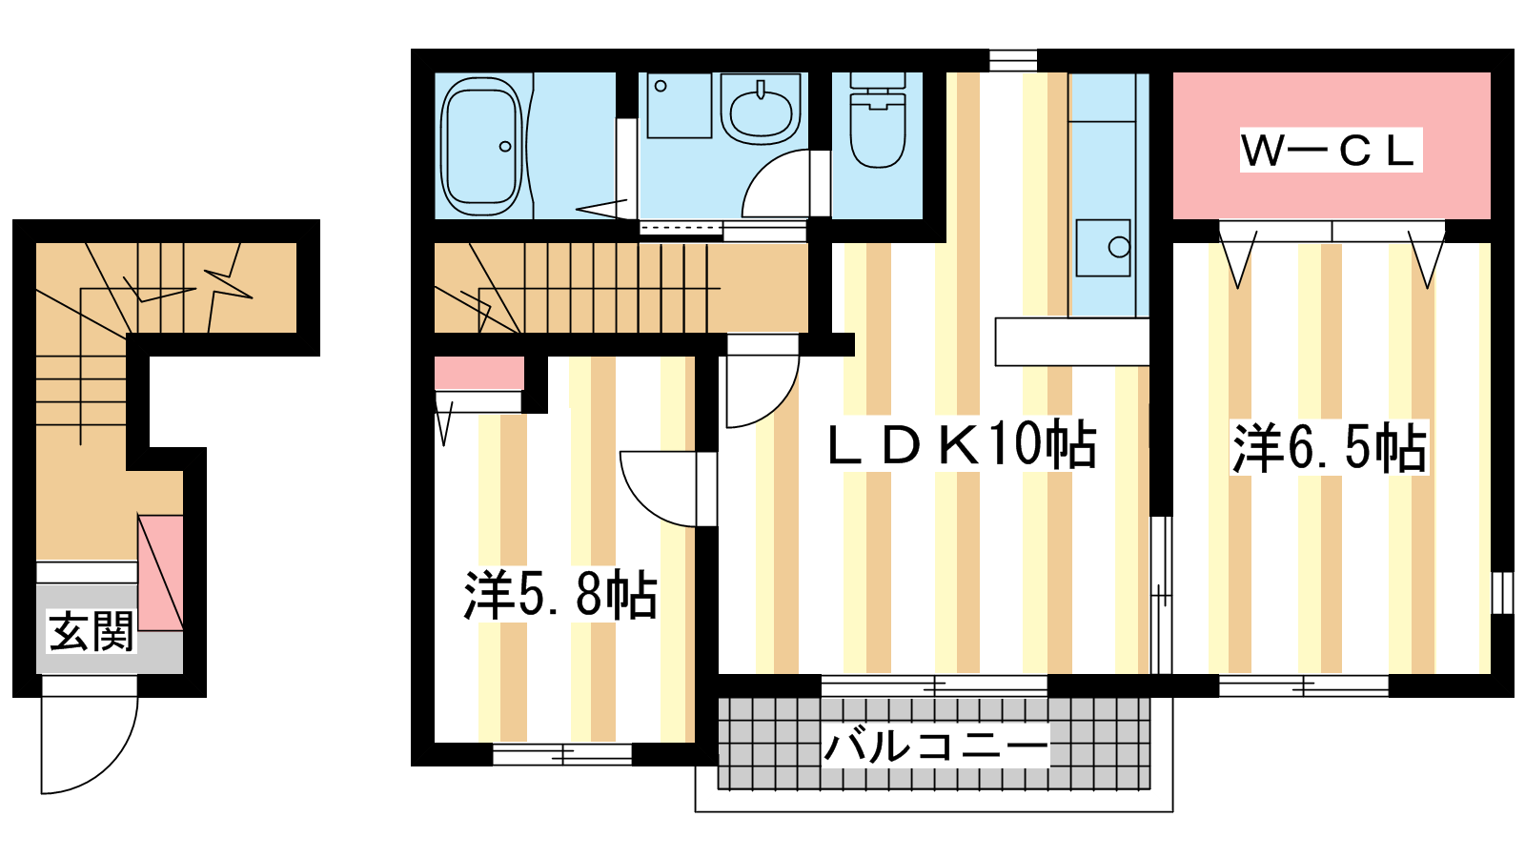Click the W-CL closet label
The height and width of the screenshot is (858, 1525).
pyautogui.click(x=1331, y=150)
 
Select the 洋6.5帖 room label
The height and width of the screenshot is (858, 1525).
pyautogui.click(x=1330, y=449)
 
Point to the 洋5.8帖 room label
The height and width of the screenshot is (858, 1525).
pyautogui.click(x=560, y=595)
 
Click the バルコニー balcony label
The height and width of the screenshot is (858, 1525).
pyautogui.click(x=936, y=747)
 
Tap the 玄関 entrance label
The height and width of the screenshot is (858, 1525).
pyautogui.click(x=91, y=631)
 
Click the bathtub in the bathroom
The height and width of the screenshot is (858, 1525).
pyautogui.click(x=482, y=146)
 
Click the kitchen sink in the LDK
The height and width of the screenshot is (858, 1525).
pyautogui.click(x=1103, y=247)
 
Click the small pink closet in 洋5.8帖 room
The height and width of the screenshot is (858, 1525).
pyautogui.click(x=479, y=373)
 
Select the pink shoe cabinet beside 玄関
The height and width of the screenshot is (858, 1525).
pyautogui.click(x=161, y=573)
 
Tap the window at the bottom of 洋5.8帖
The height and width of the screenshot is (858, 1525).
pyautogui.click(x=562, y=754)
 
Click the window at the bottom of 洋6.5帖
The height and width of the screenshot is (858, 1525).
pyautogui.click(x=1303, y=685)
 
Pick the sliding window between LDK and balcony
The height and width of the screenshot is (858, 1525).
pyautogui.click(x=934, y=685)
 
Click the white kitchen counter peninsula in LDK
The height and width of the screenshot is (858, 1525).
pyautogui.click(x=1072, y=342)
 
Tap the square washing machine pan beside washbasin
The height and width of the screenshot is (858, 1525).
pyautogui.click(x=680, y=106)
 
